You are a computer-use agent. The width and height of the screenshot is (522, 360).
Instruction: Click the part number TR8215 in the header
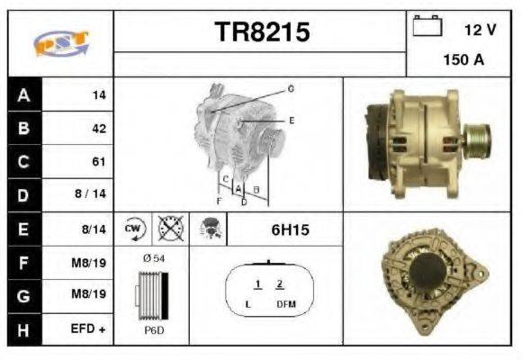[262, 32]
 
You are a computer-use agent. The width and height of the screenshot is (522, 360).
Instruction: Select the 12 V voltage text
[480, 30]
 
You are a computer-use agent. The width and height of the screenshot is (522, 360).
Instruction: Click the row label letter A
[22, 94]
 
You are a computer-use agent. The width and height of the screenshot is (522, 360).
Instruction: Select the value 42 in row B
[98, 128]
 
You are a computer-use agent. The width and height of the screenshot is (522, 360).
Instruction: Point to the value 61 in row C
[98, 162]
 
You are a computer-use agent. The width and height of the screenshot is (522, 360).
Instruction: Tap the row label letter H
[22, 330]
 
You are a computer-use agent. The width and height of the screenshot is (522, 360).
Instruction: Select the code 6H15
[290, 229]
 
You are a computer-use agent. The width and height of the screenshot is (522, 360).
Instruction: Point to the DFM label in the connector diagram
[286, 304]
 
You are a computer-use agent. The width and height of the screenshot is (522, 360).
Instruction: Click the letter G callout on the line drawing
[291, 88]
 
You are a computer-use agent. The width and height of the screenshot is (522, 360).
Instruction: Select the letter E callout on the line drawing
[291, 120]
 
